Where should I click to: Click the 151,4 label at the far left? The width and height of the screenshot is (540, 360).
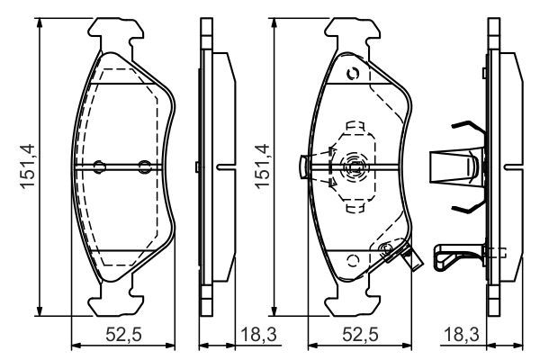[28, 166]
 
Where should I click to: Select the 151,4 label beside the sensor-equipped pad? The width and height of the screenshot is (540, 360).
[262, 166]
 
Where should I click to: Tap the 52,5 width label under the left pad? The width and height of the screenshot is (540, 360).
[123, 335]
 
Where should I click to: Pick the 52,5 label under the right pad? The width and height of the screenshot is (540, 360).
[360, 335]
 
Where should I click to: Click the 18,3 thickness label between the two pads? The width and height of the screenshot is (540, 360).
[258, 335]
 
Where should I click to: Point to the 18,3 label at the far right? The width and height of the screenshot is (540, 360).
[462, 335]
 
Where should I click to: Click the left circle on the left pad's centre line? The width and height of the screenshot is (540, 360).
[100, 166]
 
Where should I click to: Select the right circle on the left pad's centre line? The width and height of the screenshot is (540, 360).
[144, 166]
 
